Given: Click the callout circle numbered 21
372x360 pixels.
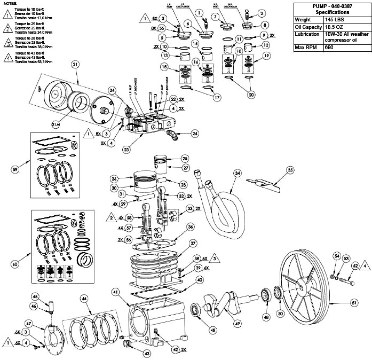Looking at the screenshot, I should coord(75,65).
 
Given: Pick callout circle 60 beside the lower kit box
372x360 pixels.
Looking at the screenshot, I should coord(15,263).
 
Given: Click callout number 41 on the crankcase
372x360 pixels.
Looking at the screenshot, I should coord(115,292).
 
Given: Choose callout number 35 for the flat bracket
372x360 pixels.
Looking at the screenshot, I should coord(290,170).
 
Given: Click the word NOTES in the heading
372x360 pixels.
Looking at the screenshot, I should coord(10,3).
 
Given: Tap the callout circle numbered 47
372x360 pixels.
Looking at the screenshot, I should coord(29,324).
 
